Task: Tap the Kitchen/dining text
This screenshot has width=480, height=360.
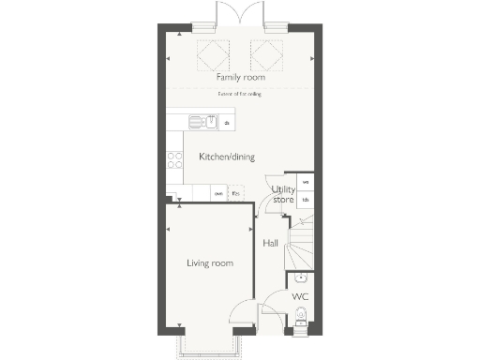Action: tap(226, 157)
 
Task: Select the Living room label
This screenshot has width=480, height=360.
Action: tap(210, 263)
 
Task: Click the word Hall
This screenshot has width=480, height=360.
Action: tap(270, 243)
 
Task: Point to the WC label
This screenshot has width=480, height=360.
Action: tap(299, 296)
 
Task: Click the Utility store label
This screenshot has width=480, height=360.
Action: tap(283, 195)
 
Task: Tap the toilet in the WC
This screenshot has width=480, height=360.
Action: tap(300, 324)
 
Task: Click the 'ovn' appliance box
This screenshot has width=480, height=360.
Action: tap(218, 194)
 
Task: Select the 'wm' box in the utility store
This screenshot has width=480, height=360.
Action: tap(306, 182)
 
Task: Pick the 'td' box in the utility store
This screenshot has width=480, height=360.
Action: tap(306, 200)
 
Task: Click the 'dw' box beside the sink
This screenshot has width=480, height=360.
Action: tap(226, 123)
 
